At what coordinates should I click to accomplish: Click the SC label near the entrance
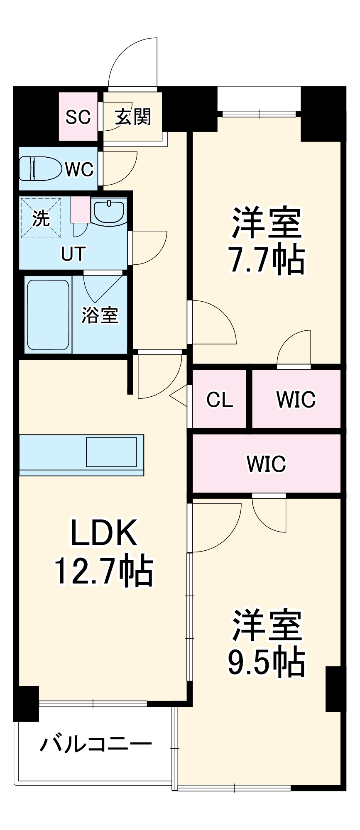pos(78,117)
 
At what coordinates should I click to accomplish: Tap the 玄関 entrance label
pos(133,117)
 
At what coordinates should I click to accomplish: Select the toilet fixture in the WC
pos(39,168)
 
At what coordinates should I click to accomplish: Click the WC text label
pos(79,169)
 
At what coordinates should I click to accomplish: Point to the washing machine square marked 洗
pos(41,218)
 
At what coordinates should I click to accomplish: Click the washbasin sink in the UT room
pos(109,211)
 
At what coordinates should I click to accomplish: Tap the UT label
pos(73,254)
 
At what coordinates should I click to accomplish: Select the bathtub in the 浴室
pos(48,315)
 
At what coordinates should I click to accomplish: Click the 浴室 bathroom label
pos(100,315)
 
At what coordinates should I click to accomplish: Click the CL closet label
pos(220,400)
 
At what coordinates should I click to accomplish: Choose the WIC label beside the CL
pos(296,399)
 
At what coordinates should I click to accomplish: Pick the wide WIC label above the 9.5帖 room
pos(266,464)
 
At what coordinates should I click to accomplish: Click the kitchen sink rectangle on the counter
pos(111,452)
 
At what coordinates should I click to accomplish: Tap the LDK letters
pos(104,533)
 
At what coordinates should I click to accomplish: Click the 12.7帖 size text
pos(104,571)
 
